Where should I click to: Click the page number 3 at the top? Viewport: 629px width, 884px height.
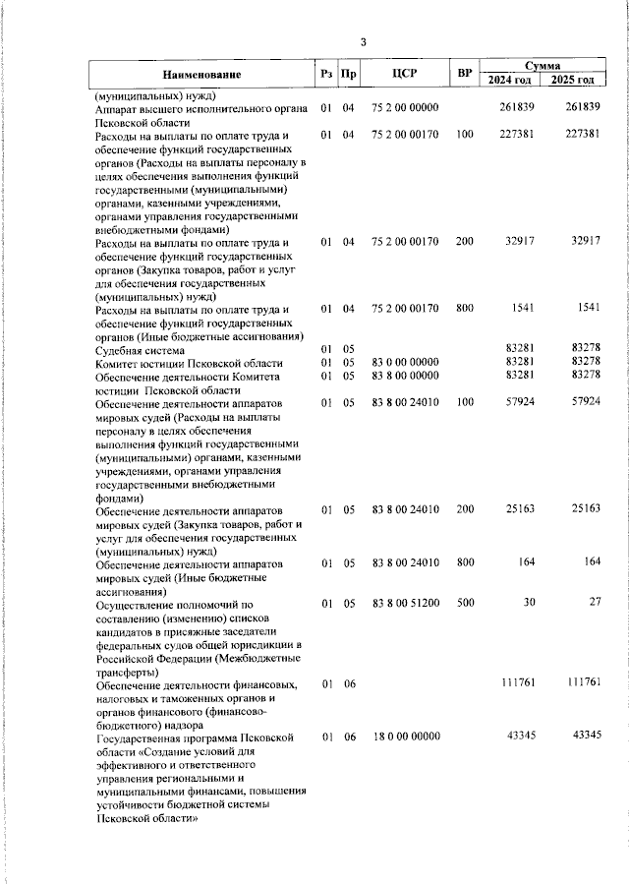coord(363,41)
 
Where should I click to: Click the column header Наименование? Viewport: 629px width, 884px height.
coord(201,74)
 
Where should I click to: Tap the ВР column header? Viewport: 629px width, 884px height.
coord(465,74)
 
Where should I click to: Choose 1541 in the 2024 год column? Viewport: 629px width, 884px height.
coord(523,310)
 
